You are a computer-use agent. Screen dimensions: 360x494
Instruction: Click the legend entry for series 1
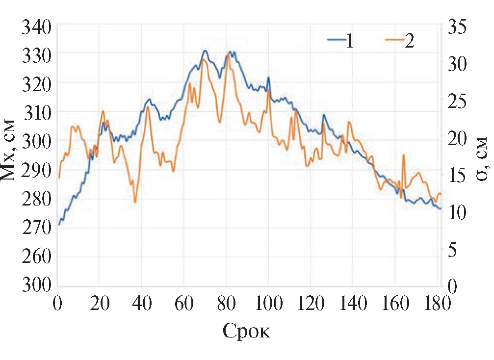pos(341,41)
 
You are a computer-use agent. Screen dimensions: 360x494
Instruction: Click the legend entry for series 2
pos(398,41)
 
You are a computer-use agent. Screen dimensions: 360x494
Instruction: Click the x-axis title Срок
pos(247,332)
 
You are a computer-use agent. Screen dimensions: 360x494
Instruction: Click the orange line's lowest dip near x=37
pos(135,202)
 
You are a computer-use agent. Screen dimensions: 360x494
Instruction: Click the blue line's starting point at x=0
pos(58,225)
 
